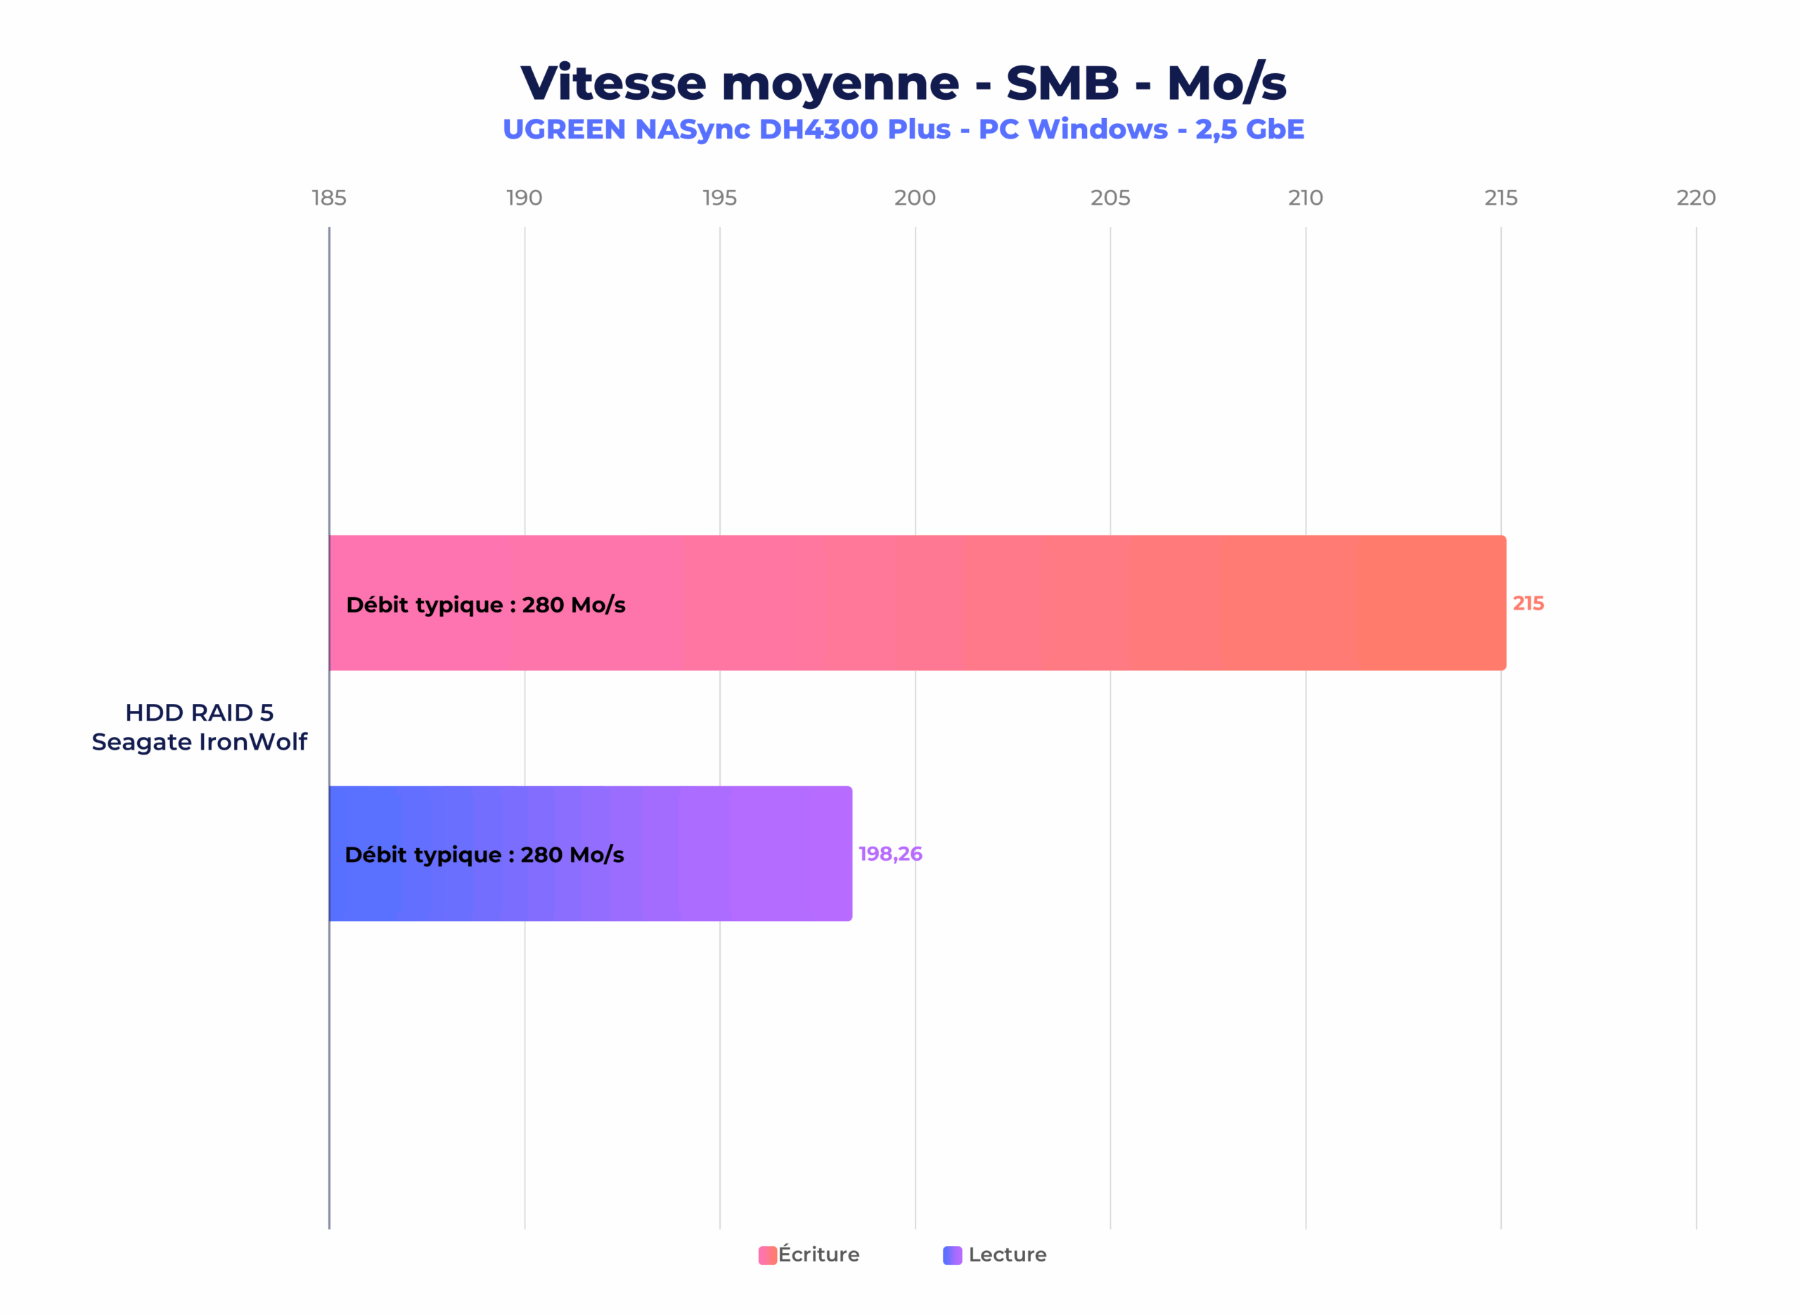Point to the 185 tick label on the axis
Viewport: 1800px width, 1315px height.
coord(328,198)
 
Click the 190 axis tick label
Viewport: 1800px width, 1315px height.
coord(524,198)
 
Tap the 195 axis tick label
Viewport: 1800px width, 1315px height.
coord(719,198)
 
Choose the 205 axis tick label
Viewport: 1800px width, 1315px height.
coord(1110,198)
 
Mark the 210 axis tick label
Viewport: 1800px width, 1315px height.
coord(1305,198)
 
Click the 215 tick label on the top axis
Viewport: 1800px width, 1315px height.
coord(1500,198)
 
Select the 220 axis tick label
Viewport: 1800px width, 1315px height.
coord(1696,198)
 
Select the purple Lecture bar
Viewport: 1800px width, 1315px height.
coord(716,853)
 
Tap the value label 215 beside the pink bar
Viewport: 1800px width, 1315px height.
coord(1528,603)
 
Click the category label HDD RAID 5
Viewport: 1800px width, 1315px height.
coord(199,712)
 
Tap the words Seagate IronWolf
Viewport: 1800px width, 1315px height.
coord(199,742)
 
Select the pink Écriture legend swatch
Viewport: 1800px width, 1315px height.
coord(767,1255)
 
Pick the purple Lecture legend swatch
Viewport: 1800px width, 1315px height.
coord(952,1255)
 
